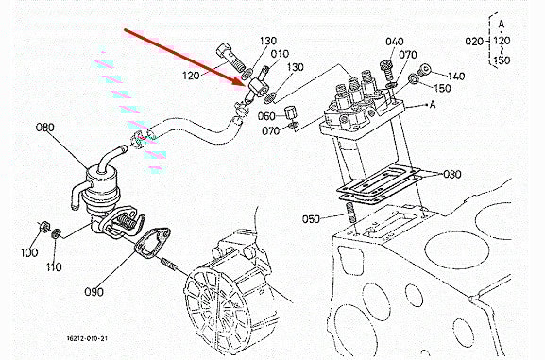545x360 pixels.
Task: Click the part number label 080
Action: [x=45, y=128]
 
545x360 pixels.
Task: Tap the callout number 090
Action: [x=94, y=291]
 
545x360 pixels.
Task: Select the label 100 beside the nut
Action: [x=29, y=252]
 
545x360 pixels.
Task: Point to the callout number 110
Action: [x=54, y=266]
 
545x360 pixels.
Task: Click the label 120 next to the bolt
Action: [x=191, y=76]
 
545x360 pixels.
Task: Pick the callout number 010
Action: [x=280, y=54]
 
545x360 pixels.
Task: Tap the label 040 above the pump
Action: [x=395, y=42]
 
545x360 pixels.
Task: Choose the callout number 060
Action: [x=266, y=116]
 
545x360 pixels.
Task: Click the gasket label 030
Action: [x=451, y=174]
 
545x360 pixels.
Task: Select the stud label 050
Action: [x=311, y=219]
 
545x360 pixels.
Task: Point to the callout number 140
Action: [x=455, y=77]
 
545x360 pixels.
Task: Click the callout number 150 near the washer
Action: [x=442, y=88]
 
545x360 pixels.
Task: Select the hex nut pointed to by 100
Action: [x=43, y=227]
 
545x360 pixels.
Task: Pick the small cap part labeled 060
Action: [x=290, y=113]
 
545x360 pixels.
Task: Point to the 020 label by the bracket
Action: [x=474, y=42]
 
